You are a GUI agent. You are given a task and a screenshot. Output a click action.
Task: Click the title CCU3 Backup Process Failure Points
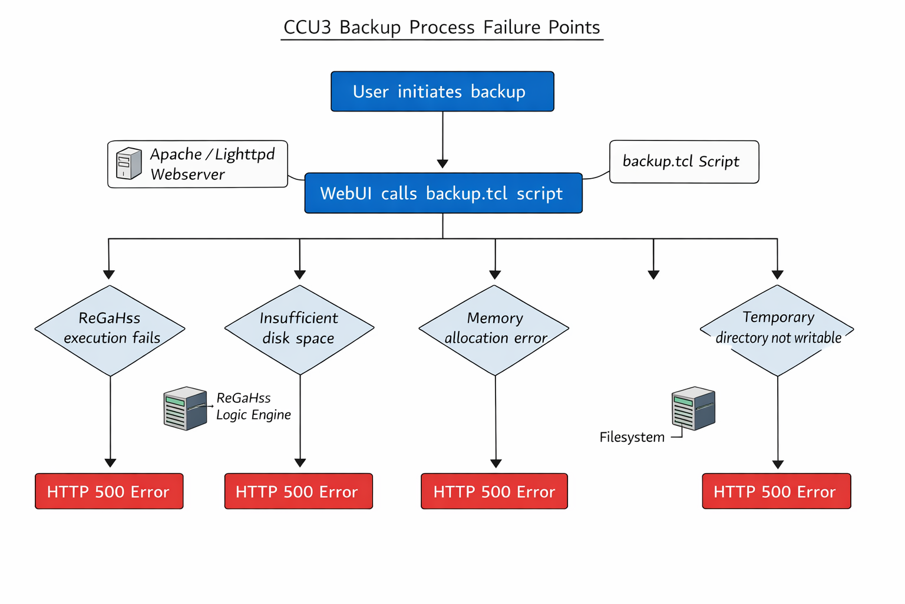441,28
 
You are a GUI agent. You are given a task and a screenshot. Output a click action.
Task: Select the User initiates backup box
442,91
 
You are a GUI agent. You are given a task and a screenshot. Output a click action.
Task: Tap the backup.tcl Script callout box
683,162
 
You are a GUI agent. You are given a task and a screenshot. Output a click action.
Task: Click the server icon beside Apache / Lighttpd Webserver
128,163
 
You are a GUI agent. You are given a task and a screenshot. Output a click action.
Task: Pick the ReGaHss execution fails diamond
110,330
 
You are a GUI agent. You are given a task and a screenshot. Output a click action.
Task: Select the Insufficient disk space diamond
299,330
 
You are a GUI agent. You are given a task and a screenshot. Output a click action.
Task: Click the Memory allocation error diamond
494,330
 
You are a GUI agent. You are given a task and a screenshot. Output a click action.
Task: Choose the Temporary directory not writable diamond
777,330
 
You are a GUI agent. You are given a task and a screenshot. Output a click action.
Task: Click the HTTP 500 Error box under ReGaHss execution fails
109,491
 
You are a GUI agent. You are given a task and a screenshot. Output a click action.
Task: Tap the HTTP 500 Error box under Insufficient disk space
298,491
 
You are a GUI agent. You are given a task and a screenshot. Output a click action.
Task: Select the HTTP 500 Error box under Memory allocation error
494,491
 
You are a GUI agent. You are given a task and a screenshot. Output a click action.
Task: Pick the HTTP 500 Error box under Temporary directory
776,491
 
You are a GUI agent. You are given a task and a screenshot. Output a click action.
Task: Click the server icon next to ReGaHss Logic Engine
185,408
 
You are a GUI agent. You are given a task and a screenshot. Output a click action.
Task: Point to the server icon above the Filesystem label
693,408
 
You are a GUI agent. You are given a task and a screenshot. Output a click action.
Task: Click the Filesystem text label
632,437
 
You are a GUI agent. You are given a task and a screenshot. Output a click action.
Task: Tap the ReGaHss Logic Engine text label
253,406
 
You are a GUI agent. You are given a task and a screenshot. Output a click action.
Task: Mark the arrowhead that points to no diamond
653,274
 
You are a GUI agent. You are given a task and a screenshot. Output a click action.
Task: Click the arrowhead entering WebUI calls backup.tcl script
442,163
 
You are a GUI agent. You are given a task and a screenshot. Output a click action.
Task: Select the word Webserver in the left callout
187,175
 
